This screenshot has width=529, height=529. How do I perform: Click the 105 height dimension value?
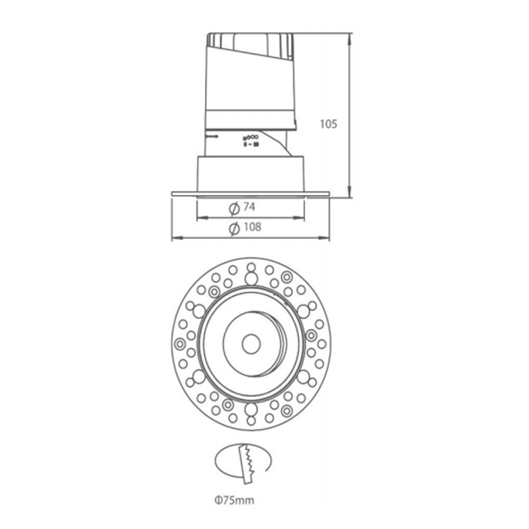pos(328,125)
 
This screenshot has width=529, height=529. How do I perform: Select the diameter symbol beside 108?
pos(234,227)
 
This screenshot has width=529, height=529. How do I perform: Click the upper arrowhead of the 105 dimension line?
pos(353,37)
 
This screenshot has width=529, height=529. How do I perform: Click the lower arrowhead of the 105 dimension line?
pos(353,191)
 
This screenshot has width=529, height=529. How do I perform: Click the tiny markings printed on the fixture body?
pos(250,140)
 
